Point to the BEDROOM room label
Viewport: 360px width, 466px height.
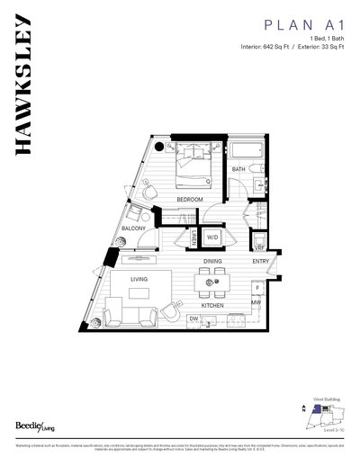(x=189, y=198)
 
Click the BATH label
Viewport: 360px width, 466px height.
(x=238, y=169)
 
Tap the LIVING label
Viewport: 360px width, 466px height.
(x=139, y=280)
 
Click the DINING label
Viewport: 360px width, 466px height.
(x=212, y=261)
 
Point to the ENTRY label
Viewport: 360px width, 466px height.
(x=260, y=261)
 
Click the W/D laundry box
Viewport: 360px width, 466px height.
(x=213, y=237)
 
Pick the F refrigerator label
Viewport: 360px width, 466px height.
(x=256, y=288)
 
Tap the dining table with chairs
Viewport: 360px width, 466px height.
(x=213, y=285)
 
